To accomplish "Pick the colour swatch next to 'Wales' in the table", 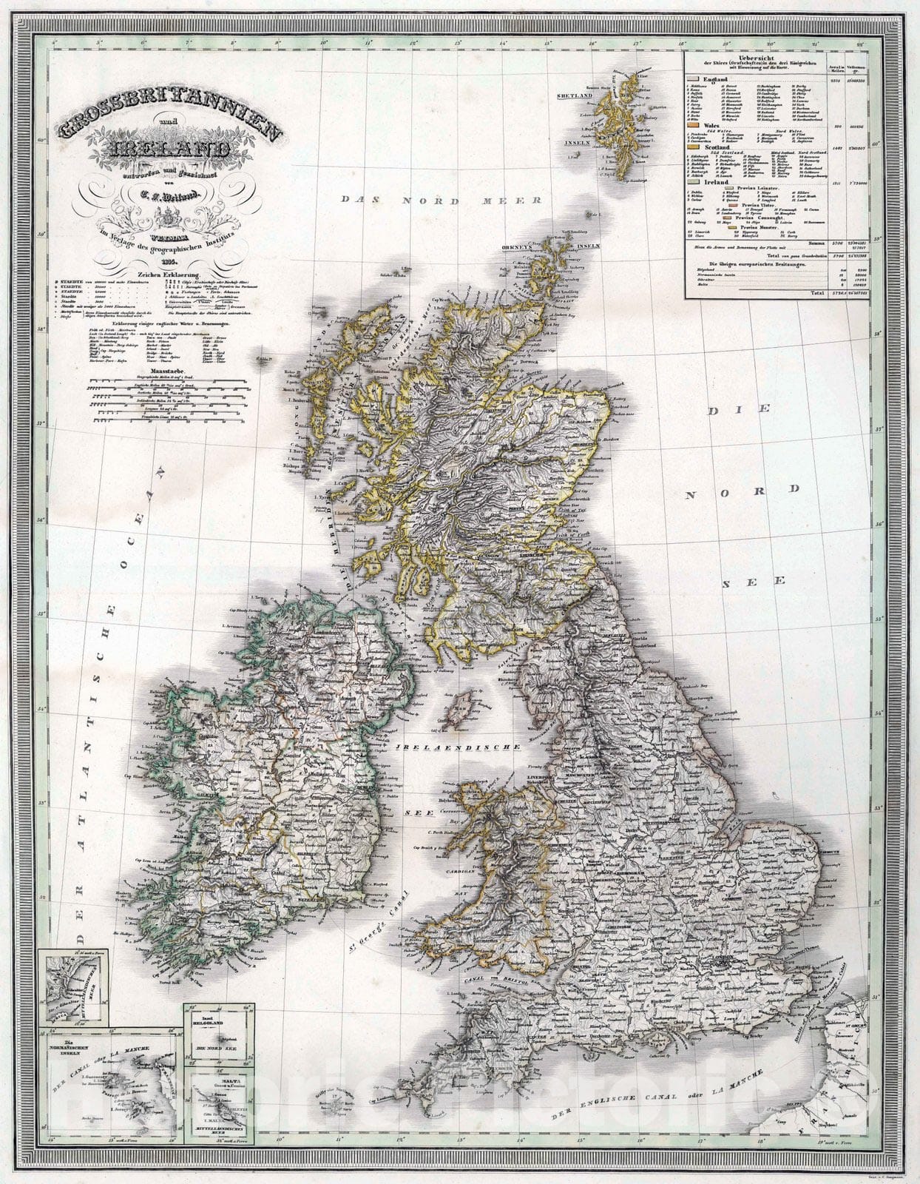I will [x=692, y=126].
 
